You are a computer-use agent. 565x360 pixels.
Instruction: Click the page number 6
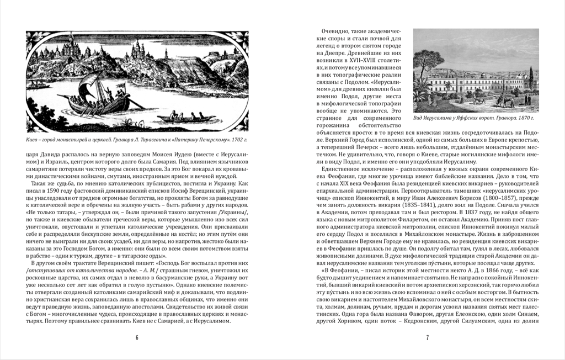click(137, 338)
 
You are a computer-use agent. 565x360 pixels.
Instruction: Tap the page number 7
click(427, 338)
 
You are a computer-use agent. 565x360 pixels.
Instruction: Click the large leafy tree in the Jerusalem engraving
click(427, 61)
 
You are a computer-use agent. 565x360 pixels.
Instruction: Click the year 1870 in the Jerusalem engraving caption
click(521, 118)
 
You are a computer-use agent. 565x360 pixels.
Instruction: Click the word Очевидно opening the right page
click(335, 31)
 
